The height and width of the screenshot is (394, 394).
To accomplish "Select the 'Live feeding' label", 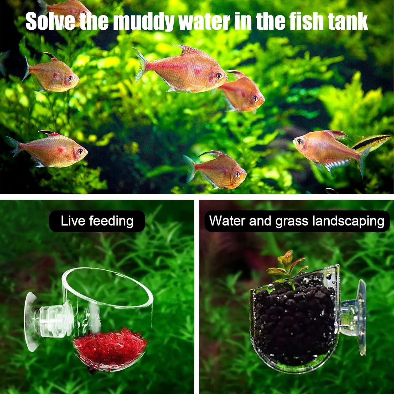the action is click(97, 221).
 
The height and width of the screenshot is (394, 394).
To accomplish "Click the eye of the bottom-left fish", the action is click(80, 151).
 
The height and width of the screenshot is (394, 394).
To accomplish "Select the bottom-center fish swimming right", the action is click(217, 170).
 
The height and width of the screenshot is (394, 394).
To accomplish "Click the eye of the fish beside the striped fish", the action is click(299, 141).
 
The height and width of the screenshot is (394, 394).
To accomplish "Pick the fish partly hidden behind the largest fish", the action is click(243, 92).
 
